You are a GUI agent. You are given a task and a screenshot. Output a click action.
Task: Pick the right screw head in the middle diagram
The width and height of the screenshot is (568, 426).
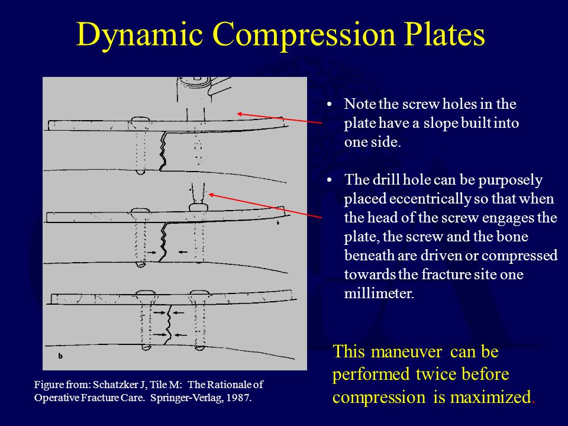pos(198,207)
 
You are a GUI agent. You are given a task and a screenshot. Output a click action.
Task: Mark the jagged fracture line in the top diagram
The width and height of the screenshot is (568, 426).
pos(160,151)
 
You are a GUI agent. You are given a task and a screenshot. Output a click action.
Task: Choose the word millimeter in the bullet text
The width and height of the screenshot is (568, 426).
pos(379,294)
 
